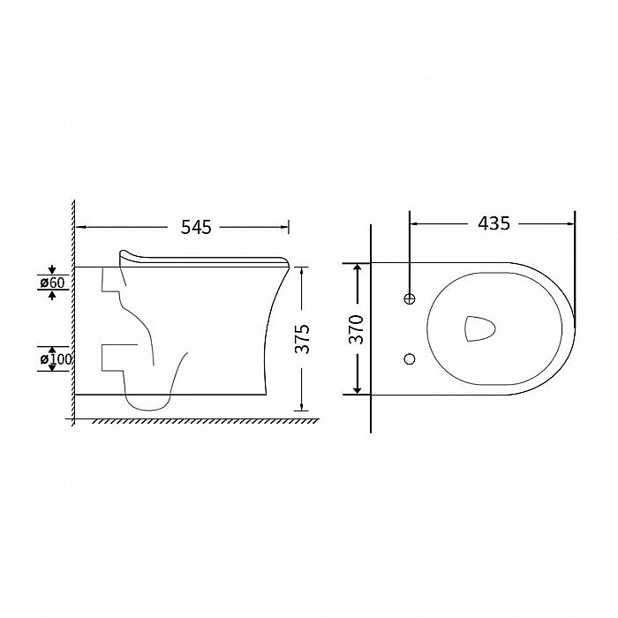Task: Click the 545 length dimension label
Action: click(196, 228)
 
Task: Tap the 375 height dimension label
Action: click(303, 339)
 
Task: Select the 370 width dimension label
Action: click(357, 329)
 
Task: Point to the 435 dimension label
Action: click(494, 223)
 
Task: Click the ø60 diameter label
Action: click(52, 283)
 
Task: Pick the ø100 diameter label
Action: click(56, 359)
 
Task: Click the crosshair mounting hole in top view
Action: click(410, 298)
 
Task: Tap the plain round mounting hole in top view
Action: click(410, 358)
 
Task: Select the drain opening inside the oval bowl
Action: click(479, 328)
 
